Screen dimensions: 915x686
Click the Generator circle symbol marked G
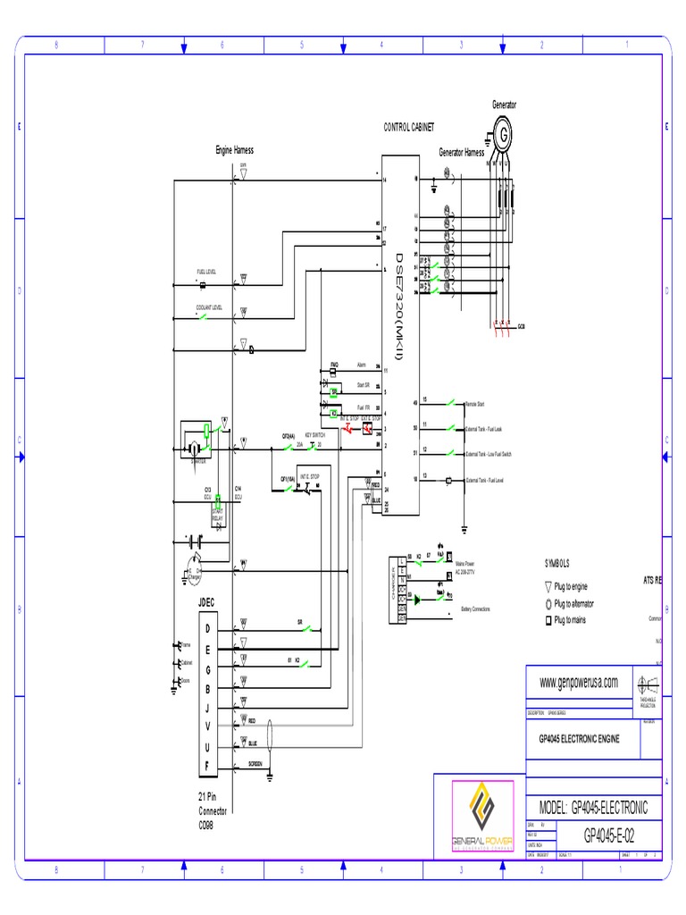(504, 134)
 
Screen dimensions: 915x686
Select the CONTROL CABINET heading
(408, 129)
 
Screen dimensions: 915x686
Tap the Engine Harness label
(234, 150)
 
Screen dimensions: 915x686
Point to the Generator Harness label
(461, 153)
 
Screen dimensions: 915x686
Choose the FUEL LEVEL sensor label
(206, 272)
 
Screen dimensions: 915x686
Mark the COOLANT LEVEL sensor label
(209, 307)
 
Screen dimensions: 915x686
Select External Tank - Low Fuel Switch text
(489, 455)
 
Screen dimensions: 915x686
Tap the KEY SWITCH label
(314, 435)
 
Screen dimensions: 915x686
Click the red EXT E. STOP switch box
(367, 430)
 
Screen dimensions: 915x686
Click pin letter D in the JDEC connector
(207, 629)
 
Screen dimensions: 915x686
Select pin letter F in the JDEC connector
(207, 766)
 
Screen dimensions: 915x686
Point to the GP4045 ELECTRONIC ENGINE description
(579, 740)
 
